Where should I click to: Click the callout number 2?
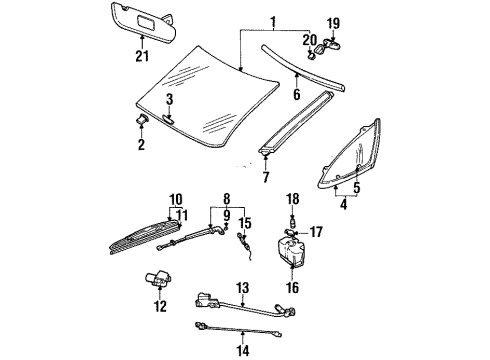pos(140,145)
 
